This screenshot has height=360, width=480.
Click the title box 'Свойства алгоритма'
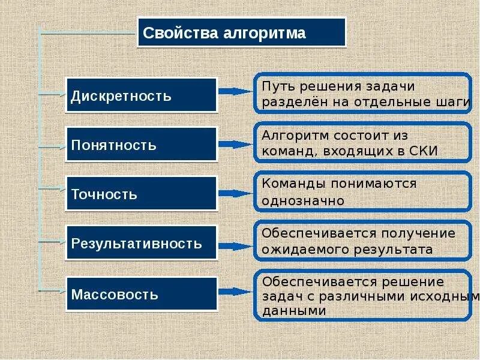point(242,32)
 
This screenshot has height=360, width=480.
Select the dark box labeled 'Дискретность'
point(141,95)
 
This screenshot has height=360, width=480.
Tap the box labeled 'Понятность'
point(141,145)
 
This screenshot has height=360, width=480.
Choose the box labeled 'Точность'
point(141,194)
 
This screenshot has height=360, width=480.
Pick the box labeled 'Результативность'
point(141,244)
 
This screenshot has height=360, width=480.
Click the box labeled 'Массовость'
point(141,294)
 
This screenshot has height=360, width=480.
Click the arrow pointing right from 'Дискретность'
point(235,92)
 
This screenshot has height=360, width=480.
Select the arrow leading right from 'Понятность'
point(235,144)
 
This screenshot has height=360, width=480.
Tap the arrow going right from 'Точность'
point(235,193)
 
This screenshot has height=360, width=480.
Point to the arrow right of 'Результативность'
point(235,245)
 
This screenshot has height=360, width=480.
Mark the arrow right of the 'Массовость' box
point(235,292)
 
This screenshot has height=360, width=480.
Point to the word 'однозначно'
point(303,200)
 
